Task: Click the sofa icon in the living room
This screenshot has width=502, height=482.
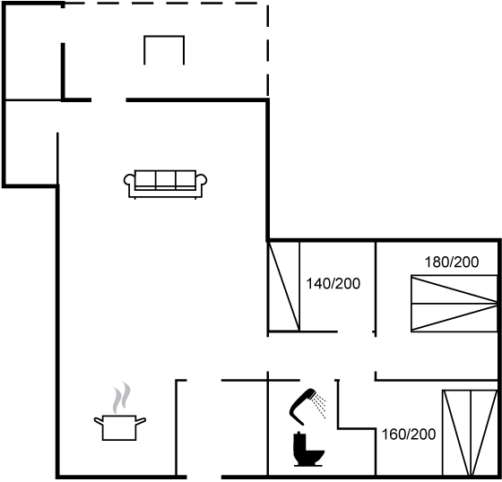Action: pos(165,185)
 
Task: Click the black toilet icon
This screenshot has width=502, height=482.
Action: pos(308,449)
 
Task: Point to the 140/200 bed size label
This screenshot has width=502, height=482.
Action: pos(333,284)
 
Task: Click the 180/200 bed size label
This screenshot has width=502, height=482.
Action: pos(452,263)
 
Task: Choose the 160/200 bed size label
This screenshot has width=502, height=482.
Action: pos(409,435)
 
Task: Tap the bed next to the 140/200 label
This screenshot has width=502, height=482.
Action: pos(283,286)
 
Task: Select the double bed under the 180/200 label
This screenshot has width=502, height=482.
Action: pos(454,303)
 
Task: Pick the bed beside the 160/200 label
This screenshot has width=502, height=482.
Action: pos(470,433)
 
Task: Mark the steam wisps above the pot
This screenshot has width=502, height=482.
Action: pos(122,397)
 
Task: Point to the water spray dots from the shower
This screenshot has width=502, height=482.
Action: pos(320,406)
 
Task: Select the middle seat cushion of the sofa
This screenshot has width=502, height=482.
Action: pos(166,179)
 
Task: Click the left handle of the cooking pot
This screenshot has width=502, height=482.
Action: pos(99,420)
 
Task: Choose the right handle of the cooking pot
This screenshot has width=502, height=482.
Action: pos(141,420)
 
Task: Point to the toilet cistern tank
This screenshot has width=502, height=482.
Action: pos(299,443)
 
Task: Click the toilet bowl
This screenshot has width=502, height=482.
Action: pos(315,456)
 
